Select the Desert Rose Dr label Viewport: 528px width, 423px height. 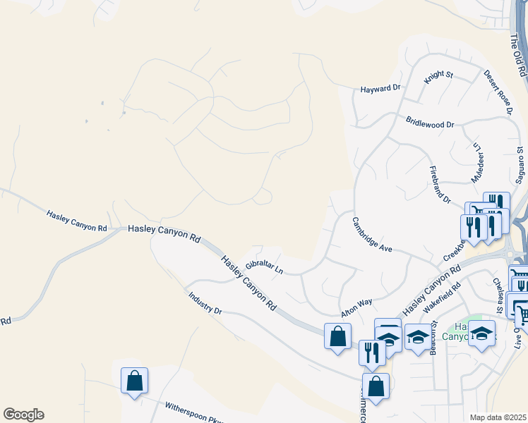498,92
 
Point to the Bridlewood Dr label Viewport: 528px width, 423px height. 430,123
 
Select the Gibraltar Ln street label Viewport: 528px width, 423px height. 264,267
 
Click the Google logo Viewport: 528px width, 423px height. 23,415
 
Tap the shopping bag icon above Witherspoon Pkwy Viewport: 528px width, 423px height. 134,381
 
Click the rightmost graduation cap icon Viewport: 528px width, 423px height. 482,333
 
